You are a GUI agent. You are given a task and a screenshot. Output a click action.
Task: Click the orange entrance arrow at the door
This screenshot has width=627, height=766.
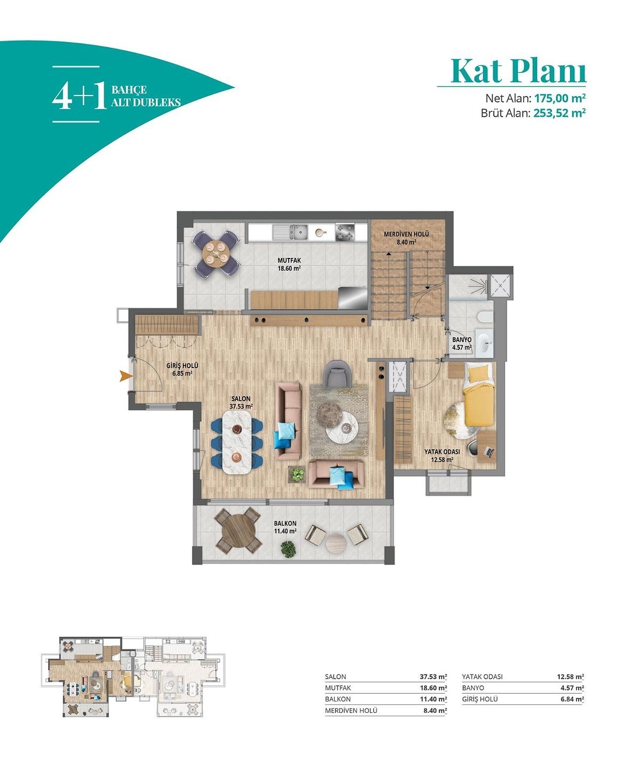[x=126, y=376]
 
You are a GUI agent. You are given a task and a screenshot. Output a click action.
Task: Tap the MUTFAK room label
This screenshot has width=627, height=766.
[x=289, y=261]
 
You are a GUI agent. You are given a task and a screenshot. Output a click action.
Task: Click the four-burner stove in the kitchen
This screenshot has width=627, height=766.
[x=344, y=232]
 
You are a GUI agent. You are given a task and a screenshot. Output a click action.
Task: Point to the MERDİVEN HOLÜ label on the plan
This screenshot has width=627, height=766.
[x=406, y=234]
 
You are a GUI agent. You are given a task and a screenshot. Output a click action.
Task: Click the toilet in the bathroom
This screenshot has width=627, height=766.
[x=484, y=317]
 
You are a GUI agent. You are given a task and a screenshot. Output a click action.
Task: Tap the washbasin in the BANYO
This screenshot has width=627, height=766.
[x=484, y=342]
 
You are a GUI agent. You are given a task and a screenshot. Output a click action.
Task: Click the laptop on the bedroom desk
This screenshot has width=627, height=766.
[x=490, y=452]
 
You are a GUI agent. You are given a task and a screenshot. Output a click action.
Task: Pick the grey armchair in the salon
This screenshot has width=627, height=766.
[x=337, y=373]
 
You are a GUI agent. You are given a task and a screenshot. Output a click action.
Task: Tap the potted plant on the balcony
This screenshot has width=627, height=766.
[x=288, y=549]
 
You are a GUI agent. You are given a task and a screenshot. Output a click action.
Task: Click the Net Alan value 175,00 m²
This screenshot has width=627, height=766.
[x=560, y=98]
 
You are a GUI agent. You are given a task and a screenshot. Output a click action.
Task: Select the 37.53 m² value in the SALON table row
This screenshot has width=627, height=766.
[x=433, y=677]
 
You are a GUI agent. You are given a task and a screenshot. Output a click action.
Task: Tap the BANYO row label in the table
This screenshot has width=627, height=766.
[x=473, y=688]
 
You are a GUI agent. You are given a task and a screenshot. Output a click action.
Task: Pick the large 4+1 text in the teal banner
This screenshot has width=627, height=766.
[x=79, y=95]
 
